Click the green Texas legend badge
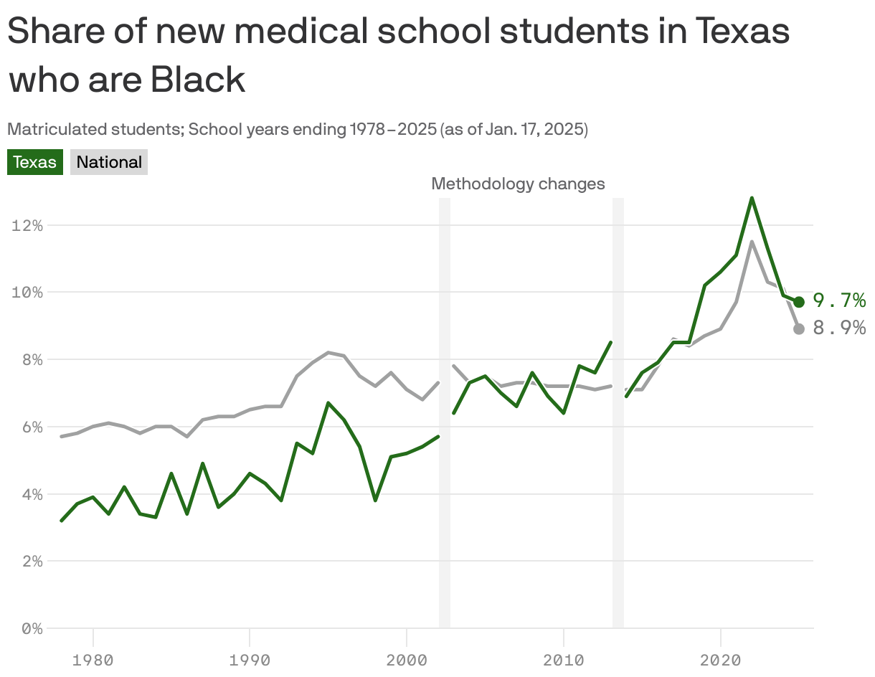[x=35, y=162]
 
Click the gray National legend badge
[x=109, y=162]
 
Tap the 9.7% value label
[x=839, y=300]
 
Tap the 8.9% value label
[x=839, y=328]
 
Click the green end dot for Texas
[x=799, y=302]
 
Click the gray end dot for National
[x=799, y=328]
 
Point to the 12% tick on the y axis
[x=27, y=225]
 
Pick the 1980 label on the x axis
[x=93, y=659]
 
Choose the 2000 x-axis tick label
[x=407, y=659]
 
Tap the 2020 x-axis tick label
[x=720, y=659]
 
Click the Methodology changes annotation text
[x=518, y=184]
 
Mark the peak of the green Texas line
[x=751, y=198]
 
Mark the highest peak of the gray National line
[x=751, y=242]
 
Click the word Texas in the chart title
[x=742, y=32]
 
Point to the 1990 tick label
[x=250, y=659]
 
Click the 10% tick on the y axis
[x=27, y=293]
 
